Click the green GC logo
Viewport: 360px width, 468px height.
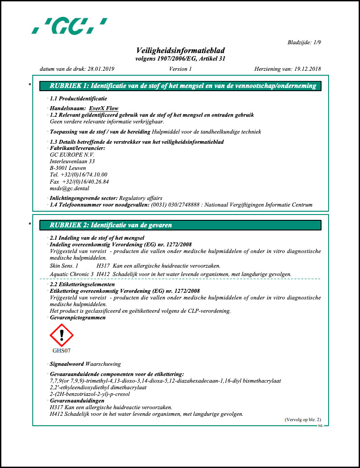[70, 26]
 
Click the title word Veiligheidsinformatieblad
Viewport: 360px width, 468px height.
[180, 51]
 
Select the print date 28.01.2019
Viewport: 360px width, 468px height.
[101, 69]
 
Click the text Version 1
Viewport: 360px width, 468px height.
[180, 69]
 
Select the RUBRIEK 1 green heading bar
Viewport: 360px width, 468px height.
[180, 86]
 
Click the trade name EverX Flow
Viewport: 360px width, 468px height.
[103, 108]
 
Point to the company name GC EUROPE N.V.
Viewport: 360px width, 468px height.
[72, 154]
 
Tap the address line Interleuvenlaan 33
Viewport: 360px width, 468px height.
[73, 161]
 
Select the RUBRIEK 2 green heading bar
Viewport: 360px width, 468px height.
[180, 225]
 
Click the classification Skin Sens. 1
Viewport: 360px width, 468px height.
[64, 266]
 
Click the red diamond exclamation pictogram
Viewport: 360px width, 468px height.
[61, 335]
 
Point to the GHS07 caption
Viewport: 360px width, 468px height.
[61, 351]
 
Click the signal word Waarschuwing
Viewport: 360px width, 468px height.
[103, 364]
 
